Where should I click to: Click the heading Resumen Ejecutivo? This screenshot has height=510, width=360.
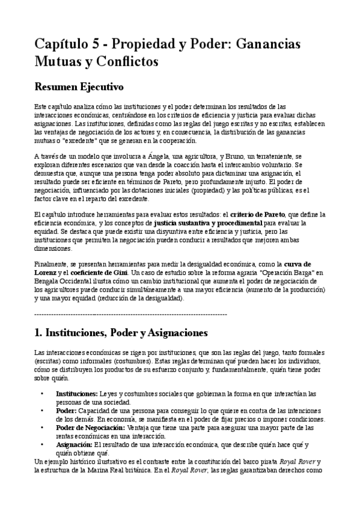tap(79, 87)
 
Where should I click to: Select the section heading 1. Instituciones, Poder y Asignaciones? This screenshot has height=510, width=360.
tap(121, 333)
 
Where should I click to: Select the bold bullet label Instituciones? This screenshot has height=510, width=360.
tap(76, 393)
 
